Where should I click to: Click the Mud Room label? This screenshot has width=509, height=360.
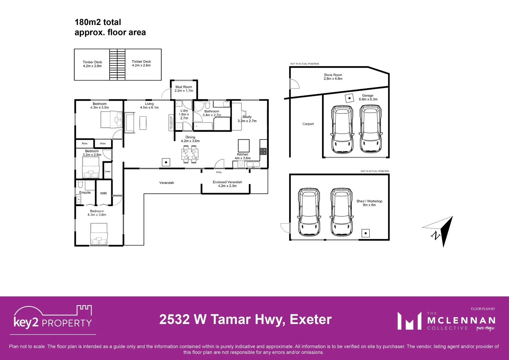click(x=184, y=89)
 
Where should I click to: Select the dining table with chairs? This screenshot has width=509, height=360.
click(x=190, y=154)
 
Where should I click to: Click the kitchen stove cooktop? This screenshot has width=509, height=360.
click(x=263, y=151)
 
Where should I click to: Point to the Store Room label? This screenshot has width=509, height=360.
click(x=333, y=77)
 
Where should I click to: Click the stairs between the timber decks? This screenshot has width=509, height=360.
click(x=117, y=65)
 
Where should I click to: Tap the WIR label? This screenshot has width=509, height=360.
click(x=104, y=193)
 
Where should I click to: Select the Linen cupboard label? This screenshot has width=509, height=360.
click(x=108, y=171)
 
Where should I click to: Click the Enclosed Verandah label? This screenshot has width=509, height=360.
click(x=227, y=184)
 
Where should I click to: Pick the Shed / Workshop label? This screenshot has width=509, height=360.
click(x=369, y=203)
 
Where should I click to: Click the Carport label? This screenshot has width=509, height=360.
click(x=308, y=124)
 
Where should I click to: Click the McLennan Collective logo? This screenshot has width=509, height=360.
click(x=446, y=321)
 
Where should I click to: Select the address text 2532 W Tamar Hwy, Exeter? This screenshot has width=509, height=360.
click(x=245, y=319)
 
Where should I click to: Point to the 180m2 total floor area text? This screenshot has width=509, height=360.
click(x=110, y=27)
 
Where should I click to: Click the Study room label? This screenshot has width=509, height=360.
click(x=247, y=119)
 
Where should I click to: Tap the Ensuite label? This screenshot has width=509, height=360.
click(x=85, y=193)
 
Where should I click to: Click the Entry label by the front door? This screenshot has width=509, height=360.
click(x=219, y=172)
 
